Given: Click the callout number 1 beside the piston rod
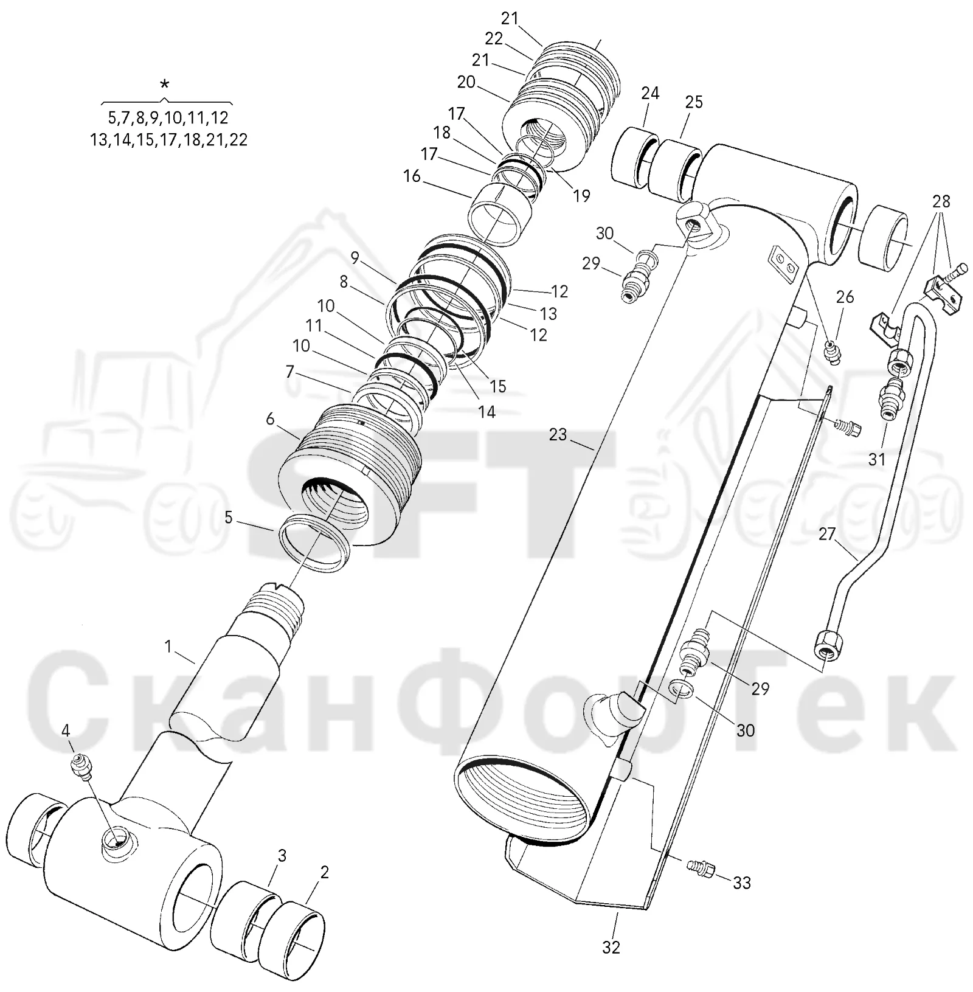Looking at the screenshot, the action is coord(168,647).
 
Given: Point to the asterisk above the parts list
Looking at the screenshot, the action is coord(164,85).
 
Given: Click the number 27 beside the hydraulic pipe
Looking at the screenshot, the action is coord(827,534).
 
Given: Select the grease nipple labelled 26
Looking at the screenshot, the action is coord(831,353).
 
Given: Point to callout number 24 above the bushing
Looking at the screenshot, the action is coord(650,93).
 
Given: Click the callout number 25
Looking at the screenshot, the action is coord(694,102).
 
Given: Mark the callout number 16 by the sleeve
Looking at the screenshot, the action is coord(412,176).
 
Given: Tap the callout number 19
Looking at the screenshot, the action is coord(582,196).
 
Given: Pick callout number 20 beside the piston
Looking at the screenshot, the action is coord(466,82).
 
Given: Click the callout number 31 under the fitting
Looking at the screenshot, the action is coord(876,459).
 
